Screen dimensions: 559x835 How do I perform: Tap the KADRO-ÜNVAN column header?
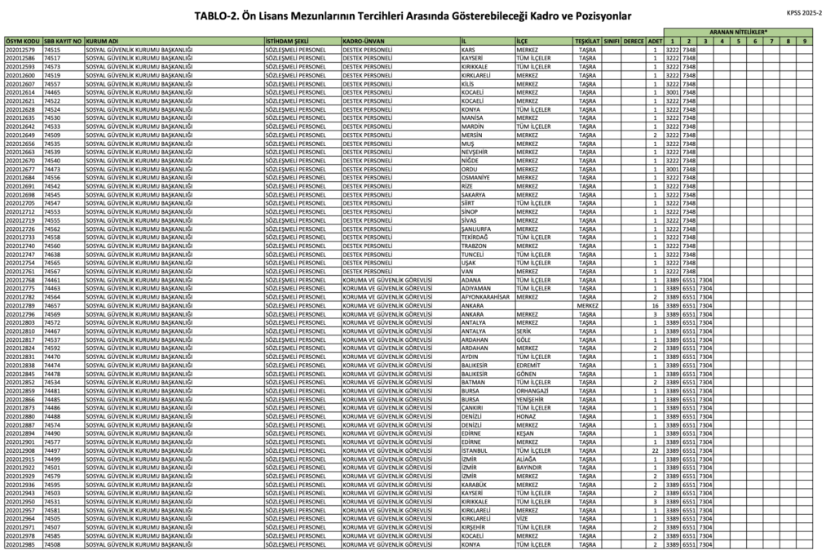(x=364, y=40)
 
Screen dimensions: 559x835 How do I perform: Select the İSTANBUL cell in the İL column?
(x=475, y=450)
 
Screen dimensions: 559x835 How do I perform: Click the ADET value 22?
(x=655, y=450)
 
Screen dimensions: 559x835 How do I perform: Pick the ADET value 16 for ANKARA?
(x=654, y=305)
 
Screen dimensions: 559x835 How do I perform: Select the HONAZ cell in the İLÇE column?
(x=526, y=416)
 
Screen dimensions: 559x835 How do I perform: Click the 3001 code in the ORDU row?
(x=672, y=169)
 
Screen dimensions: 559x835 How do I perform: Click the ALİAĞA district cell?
(x=526, y=459)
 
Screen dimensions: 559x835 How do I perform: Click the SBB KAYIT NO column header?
(x=63, y=40)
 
